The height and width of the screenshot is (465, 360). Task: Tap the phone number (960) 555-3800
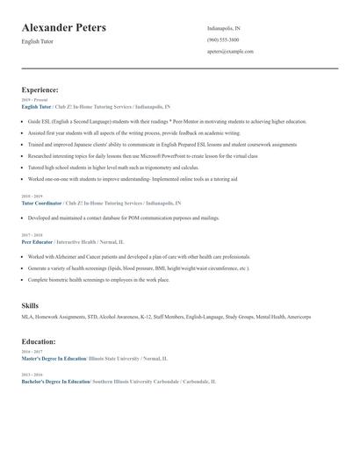(223, 39)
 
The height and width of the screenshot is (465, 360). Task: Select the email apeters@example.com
(231, 52)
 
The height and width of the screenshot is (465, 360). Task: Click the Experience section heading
(40, 89)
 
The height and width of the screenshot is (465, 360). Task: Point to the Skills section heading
(30, 305)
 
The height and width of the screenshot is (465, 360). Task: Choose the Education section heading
(39, 341)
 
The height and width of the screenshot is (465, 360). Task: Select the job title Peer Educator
(37, 240)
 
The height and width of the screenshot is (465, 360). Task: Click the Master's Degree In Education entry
(54, 359)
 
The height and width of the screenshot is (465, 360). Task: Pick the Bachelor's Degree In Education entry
(55, 382)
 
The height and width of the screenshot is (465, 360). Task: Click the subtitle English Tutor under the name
(38, 41)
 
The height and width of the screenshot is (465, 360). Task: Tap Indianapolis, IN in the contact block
(224, 28)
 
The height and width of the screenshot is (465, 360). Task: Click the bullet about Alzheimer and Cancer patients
(139, 257)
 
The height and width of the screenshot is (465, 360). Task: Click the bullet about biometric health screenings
(98, 279)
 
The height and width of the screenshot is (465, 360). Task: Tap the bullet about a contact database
(123, 218)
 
